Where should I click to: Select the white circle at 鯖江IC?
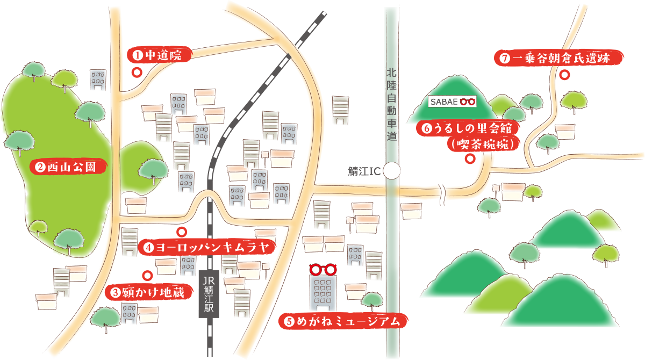[x=392, y=171]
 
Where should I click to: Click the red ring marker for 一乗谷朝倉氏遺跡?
[x=565, y=75]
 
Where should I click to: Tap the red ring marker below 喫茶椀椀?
[x=470, y=159]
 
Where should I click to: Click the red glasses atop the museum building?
[x=322, y=269]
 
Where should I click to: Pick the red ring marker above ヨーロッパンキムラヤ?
[x=182, y=232]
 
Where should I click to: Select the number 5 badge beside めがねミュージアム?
[x=289, y=322]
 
